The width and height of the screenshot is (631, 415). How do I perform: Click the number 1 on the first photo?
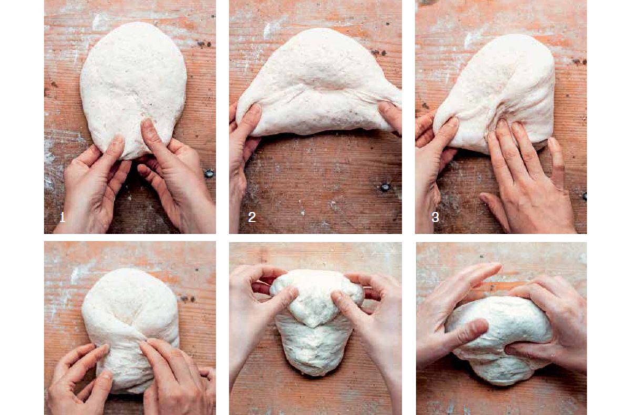(x=62, y=217)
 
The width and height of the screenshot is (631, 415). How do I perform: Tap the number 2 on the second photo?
(x=252, y=217)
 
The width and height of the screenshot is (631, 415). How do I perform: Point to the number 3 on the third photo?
(x=435, y=217)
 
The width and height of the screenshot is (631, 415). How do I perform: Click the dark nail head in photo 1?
(x=209, y=174)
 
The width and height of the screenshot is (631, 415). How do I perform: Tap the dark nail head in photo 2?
(x=385, y=187)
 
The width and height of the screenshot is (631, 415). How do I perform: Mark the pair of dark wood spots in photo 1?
(x=204, y=44)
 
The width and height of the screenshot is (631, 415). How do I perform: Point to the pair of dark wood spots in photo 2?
(x=379, y=53)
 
